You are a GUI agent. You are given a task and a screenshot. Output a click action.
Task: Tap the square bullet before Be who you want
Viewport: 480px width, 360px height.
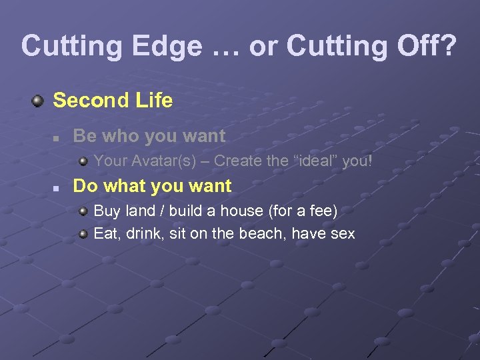(59, 137)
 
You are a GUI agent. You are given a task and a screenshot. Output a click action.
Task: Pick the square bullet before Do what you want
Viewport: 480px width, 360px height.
(59, 187)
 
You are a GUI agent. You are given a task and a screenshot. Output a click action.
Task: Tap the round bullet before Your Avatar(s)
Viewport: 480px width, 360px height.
(83, 161)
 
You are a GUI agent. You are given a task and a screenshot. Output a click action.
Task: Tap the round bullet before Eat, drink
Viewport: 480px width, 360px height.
(83, 233)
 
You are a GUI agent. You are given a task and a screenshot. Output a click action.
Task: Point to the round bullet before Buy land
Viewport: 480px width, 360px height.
(83, 211)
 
